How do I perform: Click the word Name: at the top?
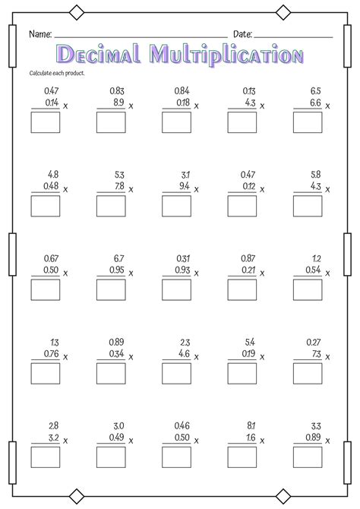pyautogui.click(x=40, y=34)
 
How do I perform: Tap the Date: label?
pyautogui.click(x=242, y=34)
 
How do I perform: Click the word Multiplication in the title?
pyautogui.click(x=226, y=55)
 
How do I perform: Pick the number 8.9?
pyautogui.click(x=118, y=102)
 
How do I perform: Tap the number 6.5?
pyautogui.click(x=314, y=90)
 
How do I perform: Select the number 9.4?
pyautogui.click(x=183, y=185)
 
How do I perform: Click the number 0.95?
pyautogui.click(x=116, y=269)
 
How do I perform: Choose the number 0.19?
pyautogui.click(x=248, y=353)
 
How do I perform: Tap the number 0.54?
pyautogui.click(x=312, y=269)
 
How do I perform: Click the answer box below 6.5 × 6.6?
pyautogui.click(x=308, y=122)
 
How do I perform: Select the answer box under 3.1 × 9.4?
pyautogui.click(x=176, y=205)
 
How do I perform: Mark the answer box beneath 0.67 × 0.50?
pyautogui.click(x=45, y=289)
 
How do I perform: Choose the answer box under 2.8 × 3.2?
pyautogui.click(x=45, y=456)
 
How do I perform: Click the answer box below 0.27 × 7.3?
pyautogui.click(x=308, y=372)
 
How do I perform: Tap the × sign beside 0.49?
pyautogui.click(x=131, y=440)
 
